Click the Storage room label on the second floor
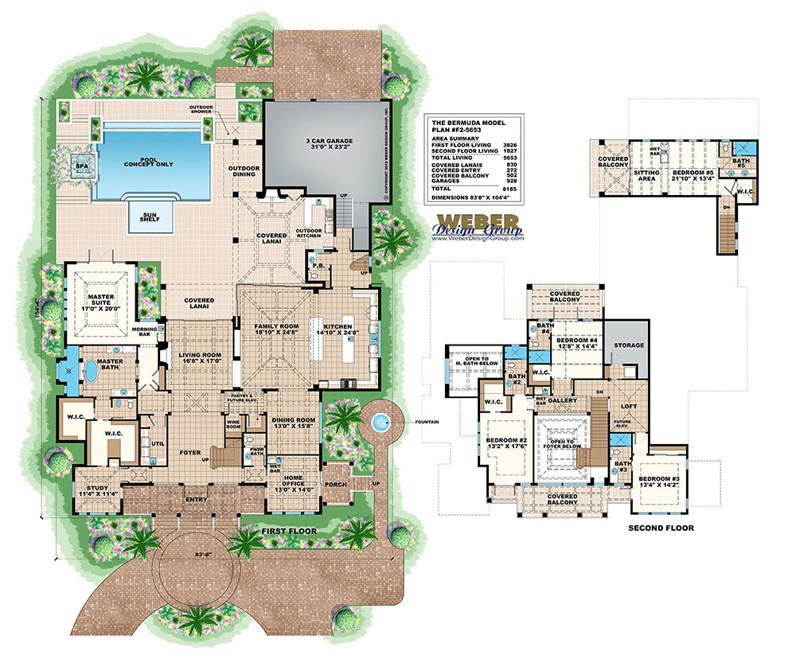click(x=627, y=345)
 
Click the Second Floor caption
click(x=661, y=528)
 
